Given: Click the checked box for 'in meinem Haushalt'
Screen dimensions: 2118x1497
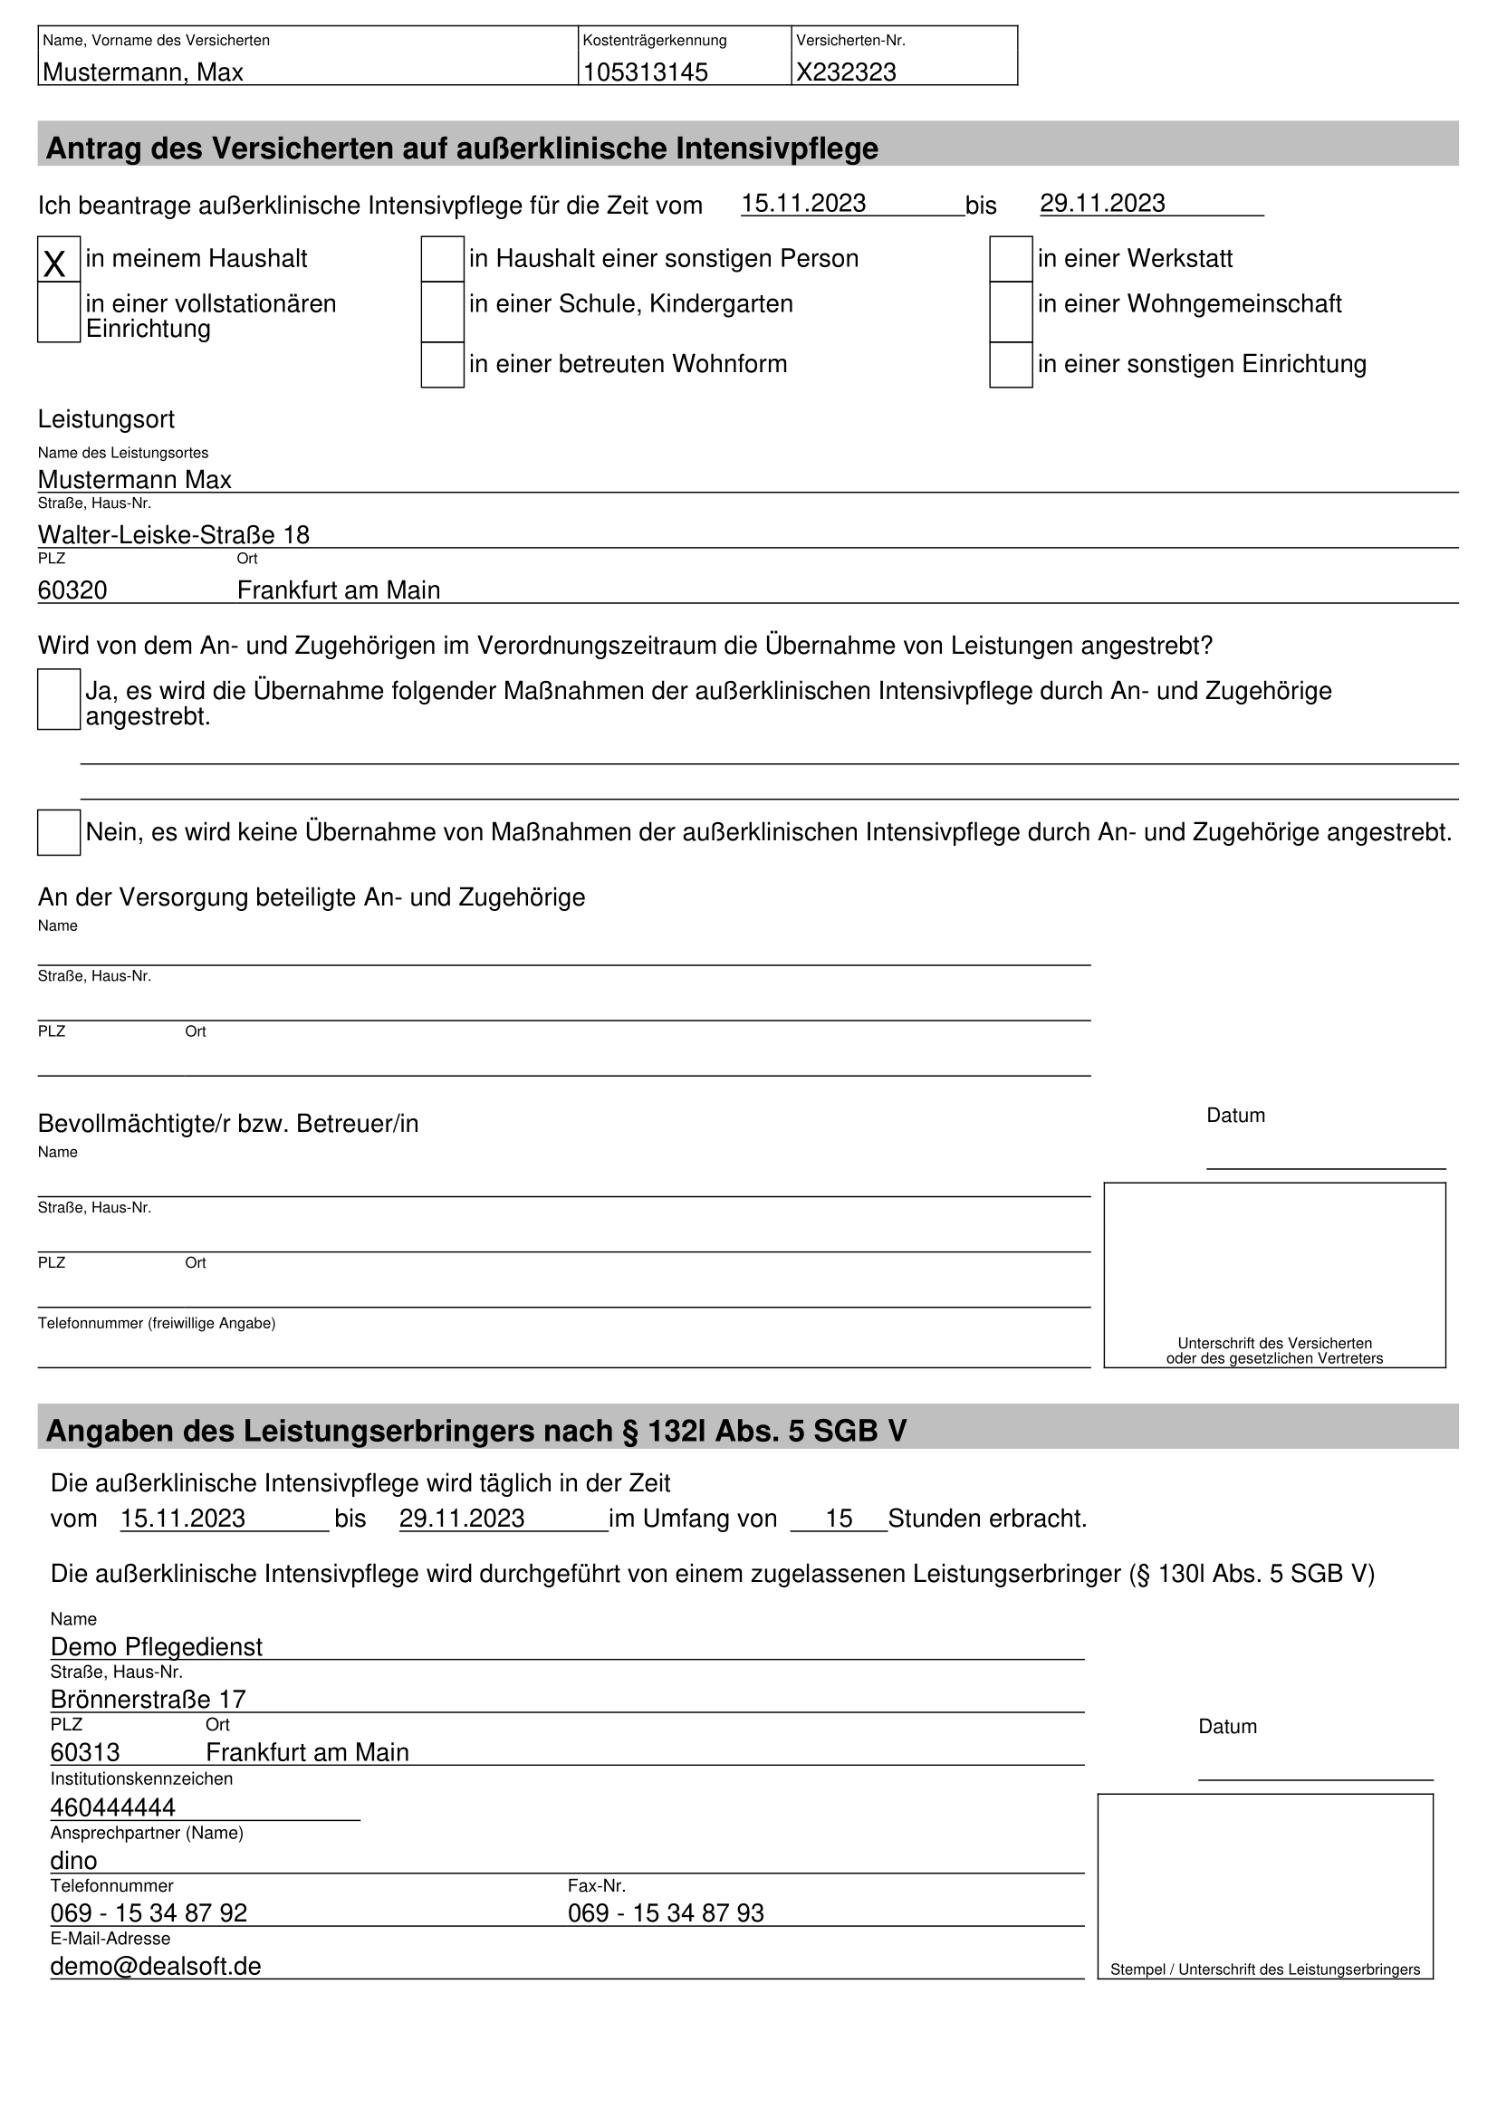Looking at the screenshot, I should (x=58, y=259).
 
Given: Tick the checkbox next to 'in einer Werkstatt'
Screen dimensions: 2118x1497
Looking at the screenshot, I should (x=1010, y=259).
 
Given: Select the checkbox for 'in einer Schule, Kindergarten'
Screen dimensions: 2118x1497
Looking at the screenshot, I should (x=442, y=311).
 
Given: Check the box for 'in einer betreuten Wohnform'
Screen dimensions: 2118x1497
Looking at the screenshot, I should (x=442, y=364).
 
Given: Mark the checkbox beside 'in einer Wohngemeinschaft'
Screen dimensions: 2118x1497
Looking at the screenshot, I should (x=1010, y=311).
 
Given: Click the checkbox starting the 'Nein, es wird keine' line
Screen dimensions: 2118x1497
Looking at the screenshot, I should (x=58, y=832).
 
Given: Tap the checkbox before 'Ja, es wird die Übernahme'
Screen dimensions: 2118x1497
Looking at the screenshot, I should (x=58, y=699).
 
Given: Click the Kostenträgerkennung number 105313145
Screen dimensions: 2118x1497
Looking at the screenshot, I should (x=646, y=72).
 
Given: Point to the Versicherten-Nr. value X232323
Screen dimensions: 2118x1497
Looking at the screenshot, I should (x=846, y=72).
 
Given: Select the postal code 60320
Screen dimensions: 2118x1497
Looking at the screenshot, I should (x=72, y=590).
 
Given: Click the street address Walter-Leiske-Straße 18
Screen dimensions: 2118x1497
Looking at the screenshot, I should (x=173, y=535).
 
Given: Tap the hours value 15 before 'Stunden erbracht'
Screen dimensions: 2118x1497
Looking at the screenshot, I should (x=839, y=1519).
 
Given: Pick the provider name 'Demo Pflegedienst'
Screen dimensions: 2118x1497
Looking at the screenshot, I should (x=156, y=1646).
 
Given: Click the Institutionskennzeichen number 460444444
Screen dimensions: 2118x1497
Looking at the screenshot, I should (x=112, y=1807).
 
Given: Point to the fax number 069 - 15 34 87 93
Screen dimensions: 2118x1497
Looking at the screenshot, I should (x=666, y=1913).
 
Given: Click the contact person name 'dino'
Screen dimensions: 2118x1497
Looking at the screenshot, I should (x=73, y=1861).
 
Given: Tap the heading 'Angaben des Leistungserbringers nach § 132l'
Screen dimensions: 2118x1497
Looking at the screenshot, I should (x=476, y=1431).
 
